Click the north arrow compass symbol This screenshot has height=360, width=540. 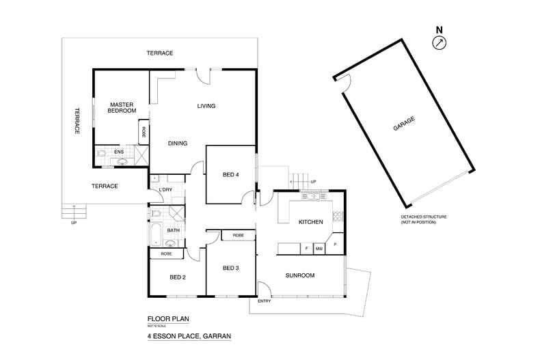[438, 42]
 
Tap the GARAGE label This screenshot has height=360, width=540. [404, 125]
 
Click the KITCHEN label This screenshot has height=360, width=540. [310, 223]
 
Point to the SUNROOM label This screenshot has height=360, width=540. [299, 275]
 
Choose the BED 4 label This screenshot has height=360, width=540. [232, 175]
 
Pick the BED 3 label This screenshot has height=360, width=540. [232, 268]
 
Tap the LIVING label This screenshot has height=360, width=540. [206, 106]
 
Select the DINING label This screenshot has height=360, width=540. [178, 143]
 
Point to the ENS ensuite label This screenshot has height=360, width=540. [118, 152]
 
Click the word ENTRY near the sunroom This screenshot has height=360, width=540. [264, 301]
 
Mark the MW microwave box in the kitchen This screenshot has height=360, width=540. [319, 249]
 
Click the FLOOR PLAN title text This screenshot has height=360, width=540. [167, 318]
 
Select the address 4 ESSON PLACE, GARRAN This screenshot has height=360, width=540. [189, 336]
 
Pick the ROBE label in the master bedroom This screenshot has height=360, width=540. [144, 132]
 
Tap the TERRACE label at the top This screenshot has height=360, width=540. [159, 53]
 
